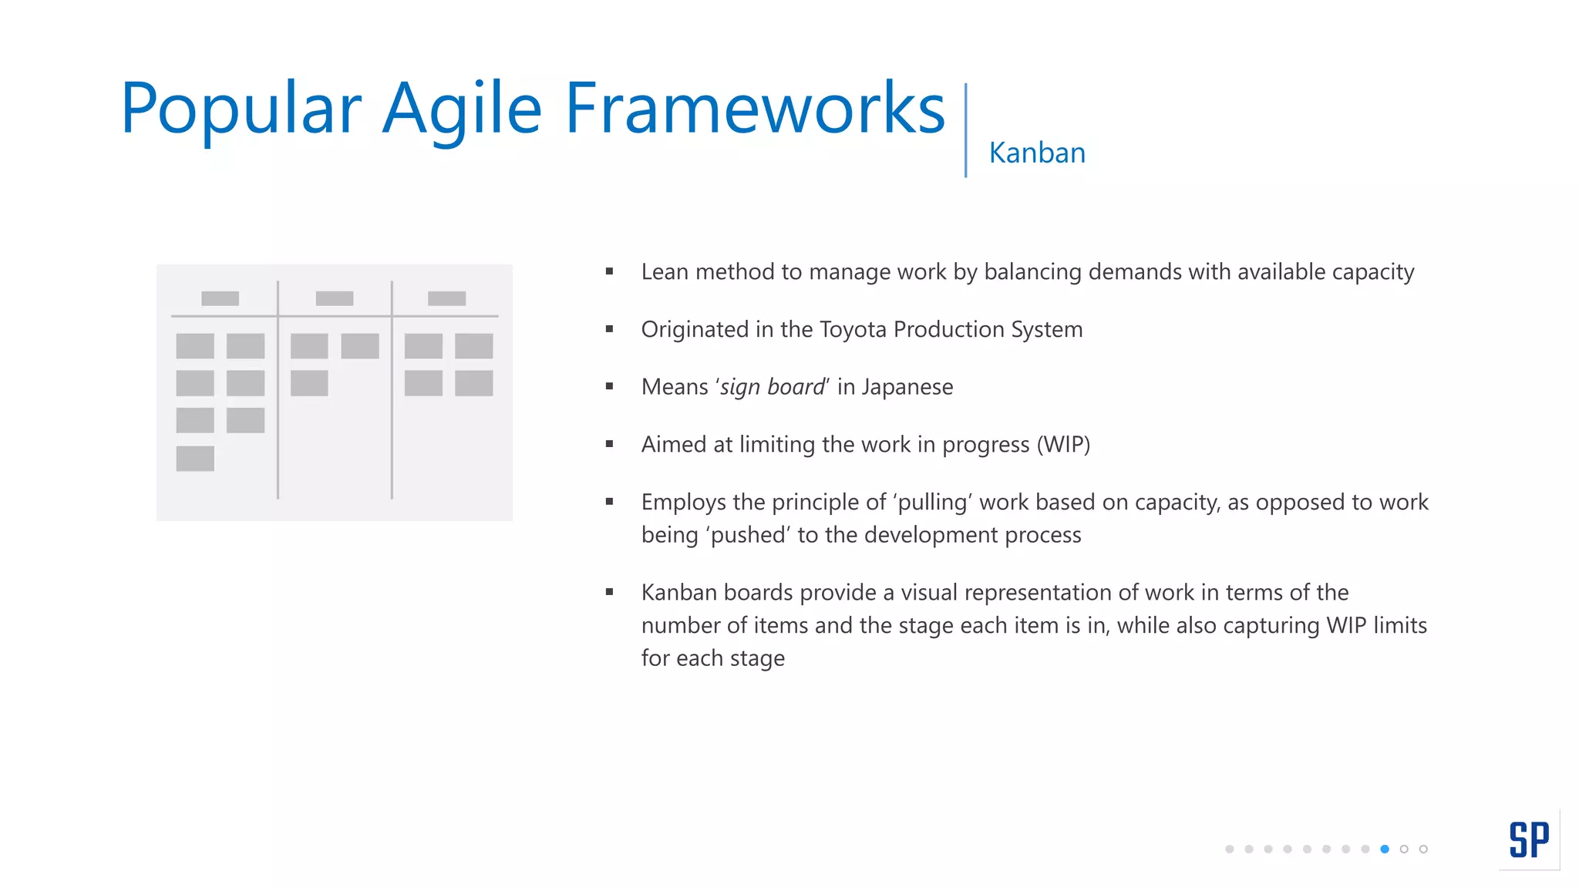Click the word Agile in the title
pyautogui.click(x=462, y=109)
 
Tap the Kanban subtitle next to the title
pyautogui.click(x=1036, y=153)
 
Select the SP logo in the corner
pyautogui.click(x=1528, y=840)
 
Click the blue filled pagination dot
pyautogui.click(x=1385, y=849)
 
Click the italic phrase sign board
pyautogui.click(x=772, y=387)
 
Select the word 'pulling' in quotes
pyautogui.click(x=933, y=503)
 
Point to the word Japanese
pyautogui.click(x=907, y=387)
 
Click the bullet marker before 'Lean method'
pyautogui.click(x=609, y=271)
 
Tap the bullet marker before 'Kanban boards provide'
pyautogui.click(x=609, y=592)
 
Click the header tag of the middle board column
pyautogui.click(x=334, y=298)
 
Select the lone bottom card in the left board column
pyautogui.click(x=195, y=459)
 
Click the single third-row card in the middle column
pyautogui.click(x=309, y=383)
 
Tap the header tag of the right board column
pyautogui.click(x=446, y=298)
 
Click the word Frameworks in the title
pyautogui.click(x=755, y=109)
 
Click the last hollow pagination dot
pyautogui.click(x=1423, y=849)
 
